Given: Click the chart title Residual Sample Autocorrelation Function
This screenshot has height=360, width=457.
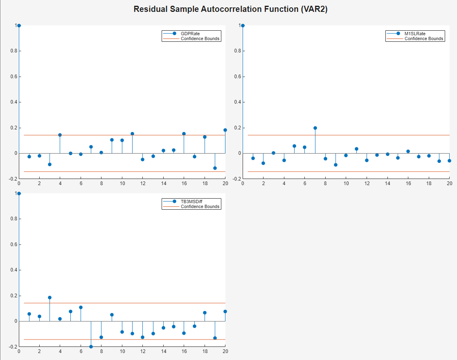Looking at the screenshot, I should click(x=230, y=9).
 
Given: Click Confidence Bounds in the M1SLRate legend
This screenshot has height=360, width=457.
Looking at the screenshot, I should click(x=423, y=38).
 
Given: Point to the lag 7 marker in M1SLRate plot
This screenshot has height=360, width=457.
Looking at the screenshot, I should click(x=315, y=128).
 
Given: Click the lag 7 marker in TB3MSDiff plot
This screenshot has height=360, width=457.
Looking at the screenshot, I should click(x=91, y=346).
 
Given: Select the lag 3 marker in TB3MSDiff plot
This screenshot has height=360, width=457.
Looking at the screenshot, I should click(x=50, y=297).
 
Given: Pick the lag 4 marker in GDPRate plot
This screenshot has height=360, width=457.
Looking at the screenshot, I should click(x=60, y=135).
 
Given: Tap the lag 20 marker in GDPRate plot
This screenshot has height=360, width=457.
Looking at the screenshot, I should click(x=225, y=130).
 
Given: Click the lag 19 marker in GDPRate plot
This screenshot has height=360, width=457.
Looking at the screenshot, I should click(x=215, y=168).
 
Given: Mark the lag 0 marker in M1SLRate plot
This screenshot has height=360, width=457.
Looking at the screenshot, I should click(x=243, y=25).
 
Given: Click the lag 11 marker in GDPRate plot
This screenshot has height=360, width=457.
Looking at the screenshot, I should click(x=132, y=134).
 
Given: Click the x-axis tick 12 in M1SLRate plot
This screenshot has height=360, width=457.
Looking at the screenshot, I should click(x=367, y=183).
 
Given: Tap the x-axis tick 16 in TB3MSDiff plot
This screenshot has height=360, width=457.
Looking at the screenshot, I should click(x=184, y=351).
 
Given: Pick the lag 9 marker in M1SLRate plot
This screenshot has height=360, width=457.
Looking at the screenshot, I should click(x=335, y=165).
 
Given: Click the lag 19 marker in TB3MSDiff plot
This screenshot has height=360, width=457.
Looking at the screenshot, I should click(x=215, y=338).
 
